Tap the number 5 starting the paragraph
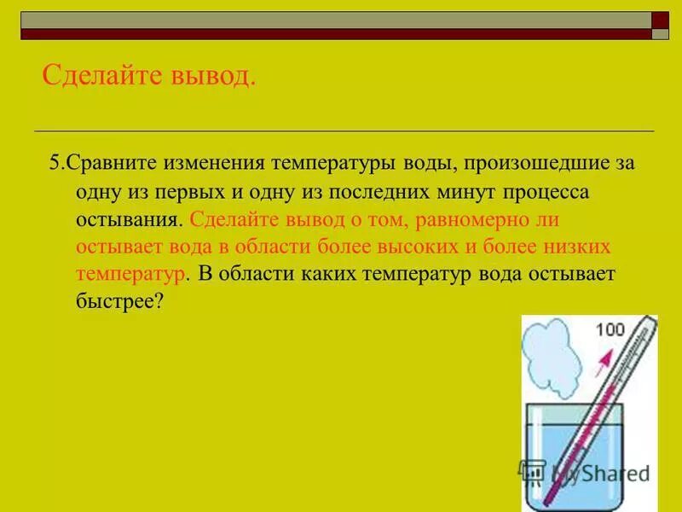[x=55, y=162]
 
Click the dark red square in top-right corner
[x=660, y=20]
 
